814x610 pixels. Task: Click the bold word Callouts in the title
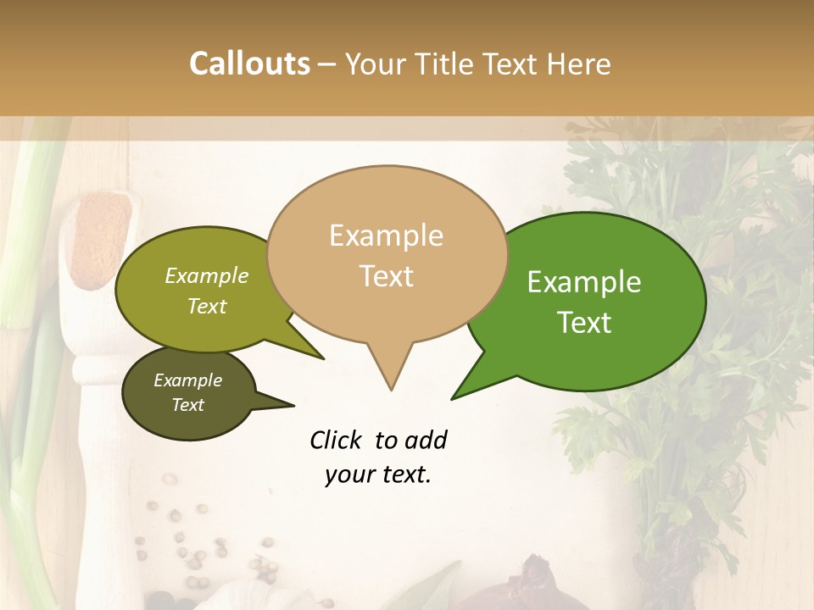pos(249,64)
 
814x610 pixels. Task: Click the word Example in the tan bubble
pos(386,236)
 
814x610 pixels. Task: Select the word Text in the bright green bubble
pos(584,323)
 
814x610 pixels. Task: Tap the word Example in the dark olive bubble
pos(187,380)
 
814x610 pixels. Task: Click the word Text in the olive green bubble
pos(207,306)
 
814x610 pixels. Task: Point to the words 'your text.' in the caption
pos(378,474)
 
